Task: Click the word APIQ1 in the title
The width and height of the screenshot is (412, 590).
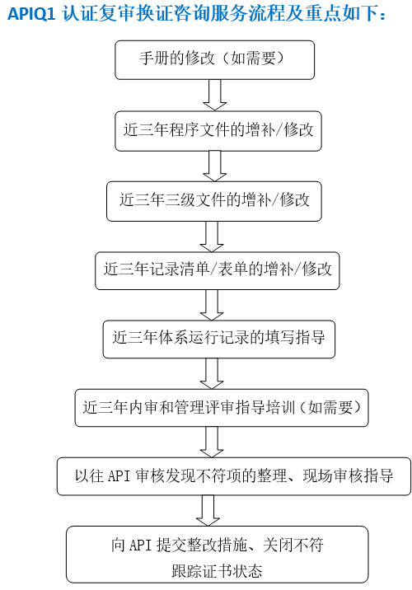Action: pyautogui.click(x=31, y=14)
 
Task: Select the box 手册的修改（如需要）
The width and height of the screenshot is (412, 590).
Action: pyautogui.click(x=214, y=60)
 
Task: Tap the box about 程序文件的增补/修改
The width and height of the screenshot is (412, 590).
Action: pyautogui.click(x=218, y=131)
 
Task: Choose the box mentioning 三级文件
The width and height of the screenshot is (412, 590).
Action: pyautogui.click(x=214, y=201)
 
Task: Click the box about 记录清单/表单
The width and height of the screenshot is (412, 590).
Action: pyautogui.click(x=217, y=270)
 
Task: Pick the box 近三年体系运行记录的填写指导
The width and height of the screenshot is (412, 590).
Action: pyautogui.click(x=219, y=339)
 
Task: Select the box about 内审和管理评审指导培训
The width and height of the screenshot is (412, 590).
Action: pyautogui.click(x=222, y=408)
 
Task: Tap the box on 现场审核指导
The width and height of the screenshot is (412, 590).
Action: pyautogui.click(x=234, y=476)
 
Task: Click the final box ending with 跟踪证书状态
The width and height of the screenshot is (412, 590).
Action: pyautogui.click(x=217, y=555)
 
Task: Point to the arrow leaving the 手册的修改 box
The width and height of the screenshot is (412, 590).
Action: pyautogui.click(x=214, y=96)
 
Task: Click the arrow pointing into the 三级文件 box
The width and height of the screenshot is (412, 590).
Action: pyautogui.click(x=214, y=166)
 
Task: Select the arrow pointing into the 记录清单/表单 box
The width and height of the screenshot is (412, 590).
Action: pyautogui.click(x=212, y=236)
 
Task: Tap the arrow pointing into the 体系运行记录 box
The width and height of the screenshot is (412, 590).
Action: pyautogui.click(x=212, y=305)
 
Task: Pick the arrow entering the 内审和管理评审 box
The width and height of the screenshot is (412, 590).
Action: pyautogui.click(x=212, y=373)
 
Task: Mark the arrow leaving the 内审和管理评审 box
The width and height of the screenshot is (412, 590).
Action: pyautogui.click(x=212, y=442)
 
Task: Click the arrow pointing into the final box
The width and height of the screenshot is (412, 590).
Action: pyautogui.click(x=208, y=511)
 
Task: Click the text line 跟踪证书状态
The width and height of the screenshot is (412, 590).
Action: pyautogui.click(x=217, y=571)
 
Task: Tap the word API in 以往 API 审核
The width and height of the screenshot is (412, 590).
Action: pyautogui.click(x=119, y=476)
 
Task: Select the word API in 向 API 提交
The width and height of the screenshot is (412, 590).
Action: pyautogui.click(x=141, y=546)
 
